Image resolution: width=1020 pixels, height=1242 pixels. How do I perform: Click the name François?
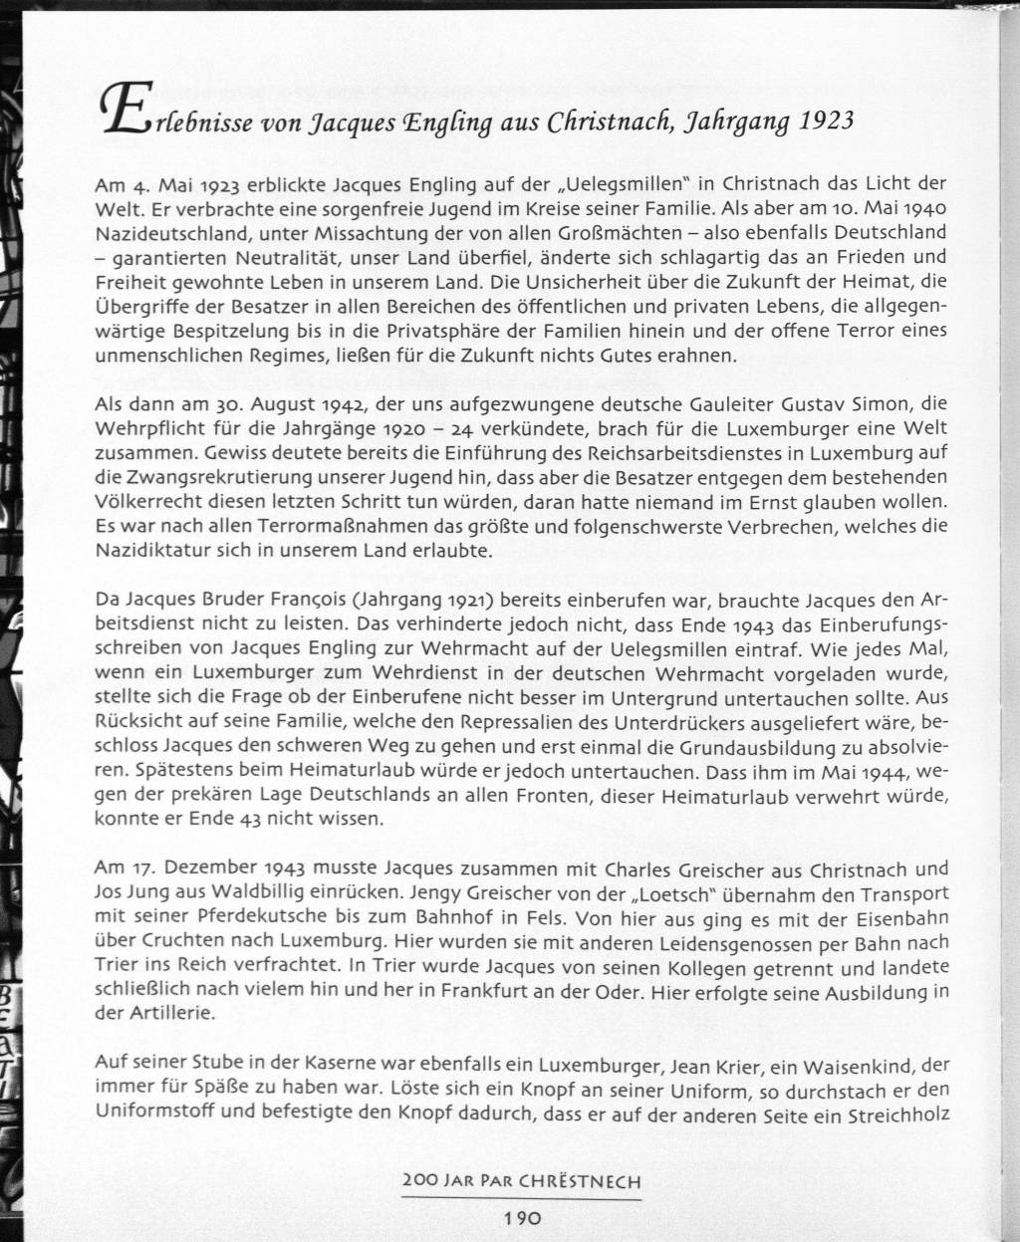click(x=299, y=600)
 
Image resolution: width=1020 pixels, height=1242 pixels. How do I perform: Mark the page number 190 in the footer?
click(x=521, y=1217)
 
